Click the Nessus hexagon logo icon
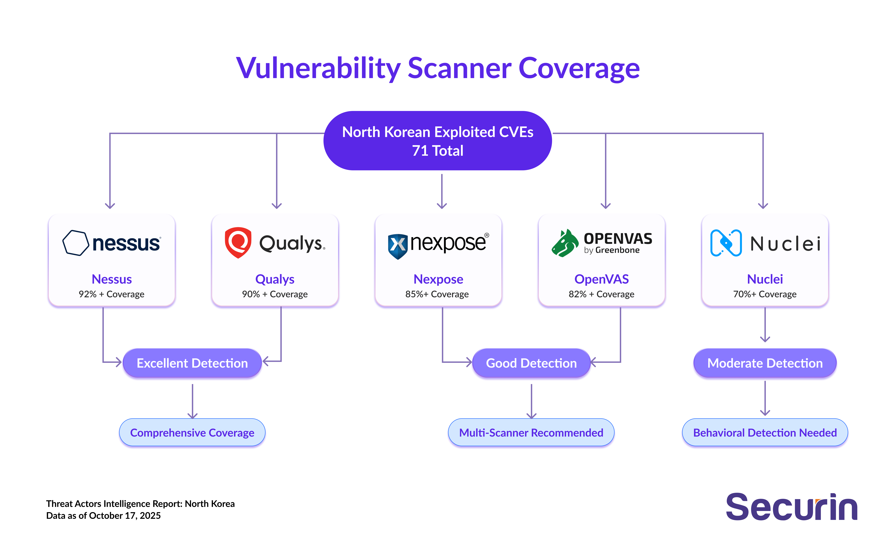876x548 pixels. click(75, 243)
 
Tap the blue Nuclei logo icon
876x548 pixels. click(726, 243)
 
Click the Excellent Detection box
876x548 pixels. click(192, 363)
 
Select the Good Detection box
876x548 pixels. click(531, 363)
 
